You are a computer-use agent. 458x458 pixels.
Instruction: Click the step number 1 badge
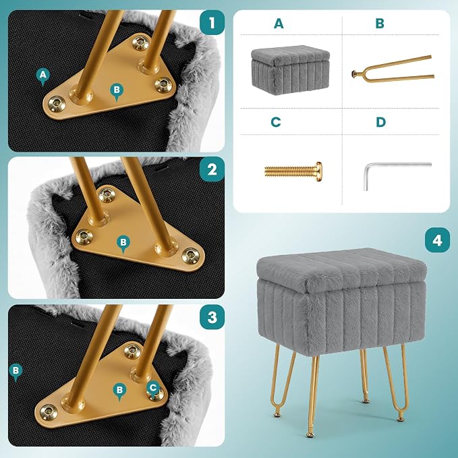click(x=212, y=22)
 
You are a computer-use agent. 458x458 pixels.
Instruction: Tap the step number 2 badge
click(x=212, y=169)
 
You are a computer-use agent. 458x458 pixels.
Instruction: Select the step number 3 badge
click(x=212, y=317)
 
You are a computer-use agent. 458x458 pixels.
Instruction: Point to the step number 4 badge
click(x=437, y=240)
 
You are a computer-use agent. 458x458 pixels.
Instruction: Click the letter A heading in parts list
click(x=279, y=24)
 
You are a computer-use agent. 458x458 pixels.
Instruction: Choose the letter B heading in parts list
click(x=380, y=24)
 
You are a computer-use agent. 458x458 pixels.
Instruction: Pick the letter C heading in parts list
click(x=276, y=122)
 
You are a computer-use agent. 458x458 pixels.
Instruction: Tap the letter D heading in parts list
click(x=380, y=122)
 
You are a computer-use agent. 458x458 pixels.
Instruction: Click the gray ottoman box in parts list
click(x=290, y=70)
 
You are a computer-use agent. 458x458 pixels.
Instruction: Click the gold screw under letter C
click(x=293, y=171)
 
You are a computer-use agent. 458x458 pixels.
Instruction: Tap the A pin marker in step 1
click(x=43, y=77)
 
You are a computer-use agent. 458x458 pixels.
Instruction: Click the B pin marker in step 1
click(x=117, y=92)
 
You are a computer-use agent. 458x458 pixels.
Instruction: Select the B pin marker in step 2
click(x=123, y=244)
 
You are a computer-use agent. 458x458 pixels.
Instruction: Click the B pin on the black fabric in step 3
click(x=16, y=372)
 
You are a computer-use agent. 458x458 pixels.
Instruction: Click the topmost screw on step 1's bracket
click(x=141, y=42)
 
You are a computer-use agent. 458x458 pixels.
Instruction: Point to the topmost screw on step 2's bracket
click(x=107, y=195)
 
